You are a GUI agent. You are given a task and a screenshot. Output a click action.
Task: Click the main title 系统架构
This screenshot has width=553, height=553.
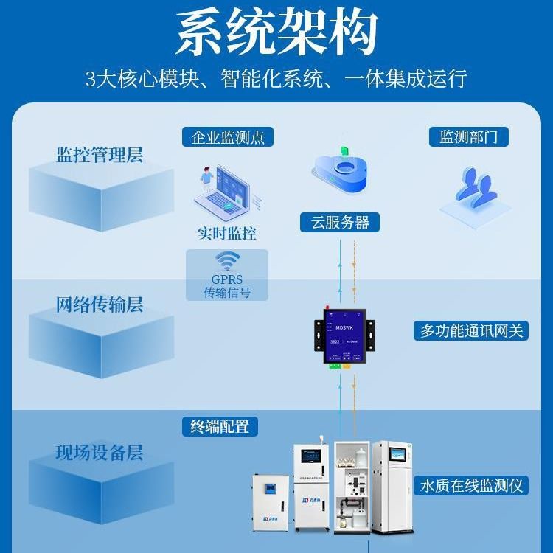[276, 32]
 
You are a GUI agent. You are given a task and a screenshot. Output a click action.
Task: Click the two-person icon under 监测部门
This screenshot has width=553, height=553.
[472, 190]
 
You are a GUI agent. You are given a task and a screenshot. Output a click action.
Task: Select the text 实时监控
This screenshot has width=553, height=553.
[226, 234]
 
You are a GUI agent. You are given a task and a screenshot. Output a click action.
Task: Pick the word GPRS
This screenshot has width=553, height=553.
[227, 279]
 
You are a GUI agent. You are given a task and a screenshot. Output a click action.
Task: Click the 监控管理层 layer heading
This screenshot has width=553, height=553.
[100, 155]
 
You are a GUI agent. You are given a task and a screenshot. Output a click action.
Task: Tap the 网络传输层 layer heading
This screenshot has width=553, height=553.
[100, 305]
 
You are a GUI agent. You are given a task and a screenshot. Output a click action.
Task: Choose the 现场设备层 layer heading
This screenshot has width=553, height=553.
[100, 453]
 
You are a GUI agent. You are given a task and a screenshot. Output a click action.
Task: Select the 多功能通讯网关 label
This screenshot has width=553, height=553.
[471, 331]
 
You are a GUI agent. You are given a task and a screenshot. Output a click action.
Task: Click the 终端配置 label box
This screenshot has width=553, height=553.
[220, 426]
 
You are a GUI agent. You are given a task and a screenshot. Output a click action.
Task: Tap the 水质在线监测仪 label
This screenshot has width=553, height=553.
[472, 486]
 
